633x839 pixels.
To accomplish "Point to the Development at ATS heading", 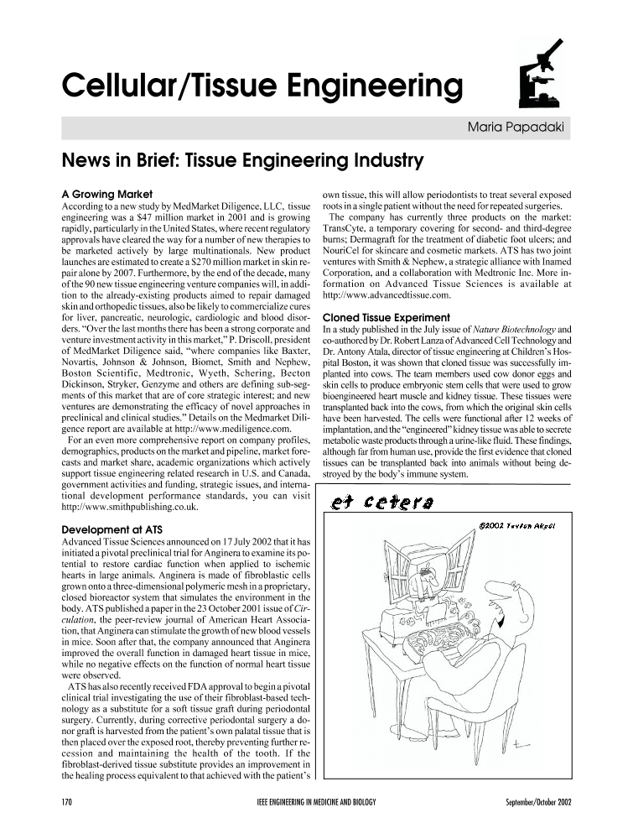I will tap(116, 529).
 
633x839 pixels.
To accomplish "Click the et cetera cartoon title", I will tap(370, 502).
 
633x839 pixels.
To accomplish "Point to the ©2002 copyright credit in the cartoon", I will tap(515, 526).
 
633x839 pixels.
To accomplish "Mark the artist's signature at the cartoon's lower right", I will tap(521, 742).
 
